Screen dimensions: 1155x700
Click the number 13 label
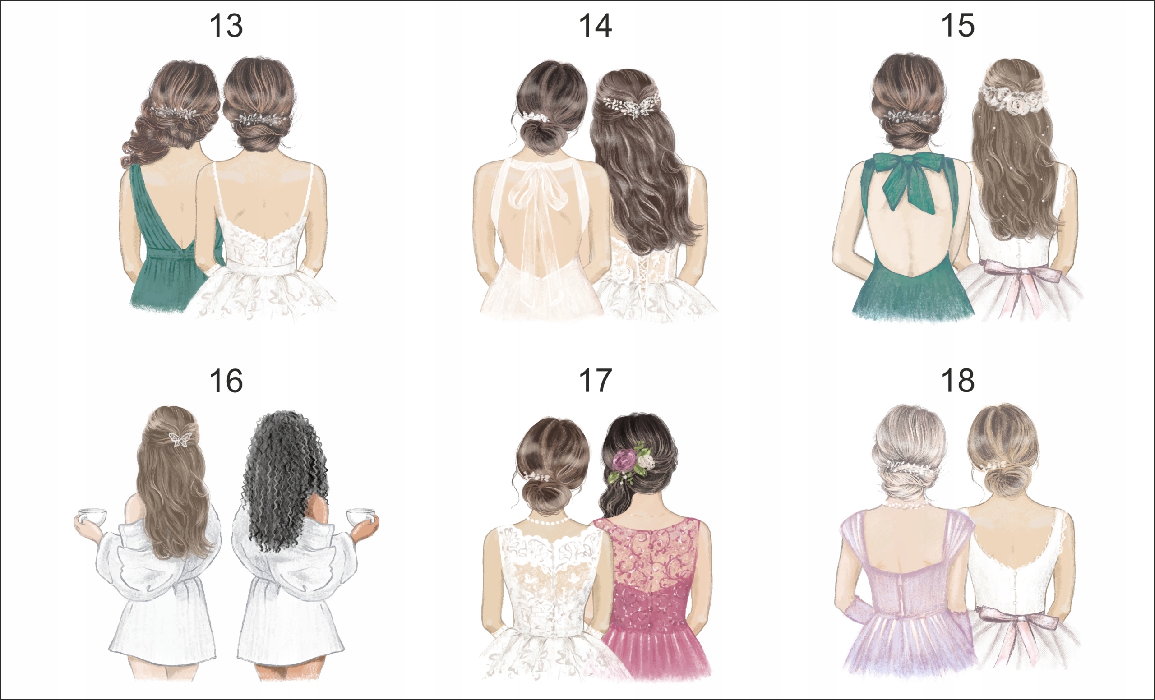226,26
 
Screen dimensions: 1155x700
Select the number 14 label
595,26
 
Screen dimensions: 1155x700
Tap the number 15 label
958,26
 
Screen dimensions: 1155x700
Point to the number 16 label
226,381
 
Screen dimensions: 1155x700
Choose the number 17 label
595,381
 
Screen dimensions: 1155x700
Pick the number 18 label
958,381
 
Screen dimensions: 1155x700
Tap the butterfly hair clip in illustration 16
180,438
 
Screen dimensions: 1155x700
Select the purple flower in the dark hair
624,461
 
